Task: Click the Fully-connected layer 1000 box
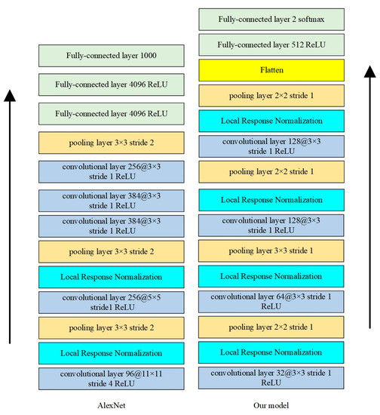pos(111,55)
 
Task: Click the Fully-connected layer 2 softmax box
pos(271,19)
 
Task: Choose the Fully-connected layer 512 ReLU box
pos(271,44)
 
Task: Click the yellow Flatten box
pos(271,70)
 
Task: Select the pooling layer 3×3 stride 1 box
pos(271,251)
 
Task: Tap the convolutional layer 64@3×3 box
pos(271,302)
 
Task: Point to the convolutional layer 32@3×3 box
pos(271,377)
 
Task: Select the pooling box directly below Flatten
pos(271,96)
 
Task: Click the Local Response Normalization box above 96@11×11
pos(111,352)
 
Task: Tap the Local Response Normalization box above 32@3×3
pos(271,352)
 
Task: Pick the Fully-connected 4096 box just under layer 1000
pos(111,85)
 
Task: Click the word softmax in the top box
pos(311,19)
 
